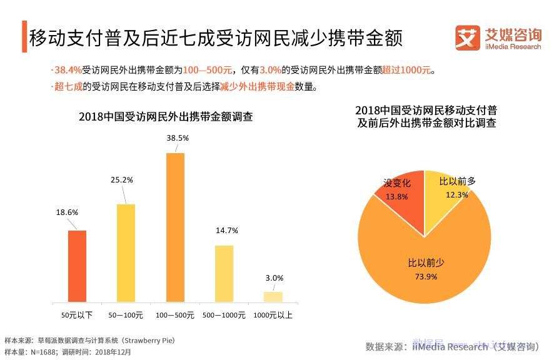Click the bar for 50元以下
click(77, 266)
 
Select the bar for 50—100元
click(126, 253)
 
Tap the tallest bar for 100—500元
click(175, 227)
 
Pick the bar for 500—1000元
click(224, 274)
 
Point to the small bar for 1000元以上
click(273, 297)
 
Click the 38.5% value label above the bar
click(176, 137)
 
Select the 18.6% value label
click(67, 212)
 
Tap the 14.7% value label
click(227, 230)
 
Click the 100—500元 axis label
click(175, 315)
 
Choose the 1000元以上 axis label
click(273, 315)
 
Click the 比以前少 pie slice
click(425, 281)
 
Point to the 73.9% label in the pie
click(426, 277)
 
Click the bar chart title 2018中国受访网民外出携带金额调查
click(166, 117)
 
